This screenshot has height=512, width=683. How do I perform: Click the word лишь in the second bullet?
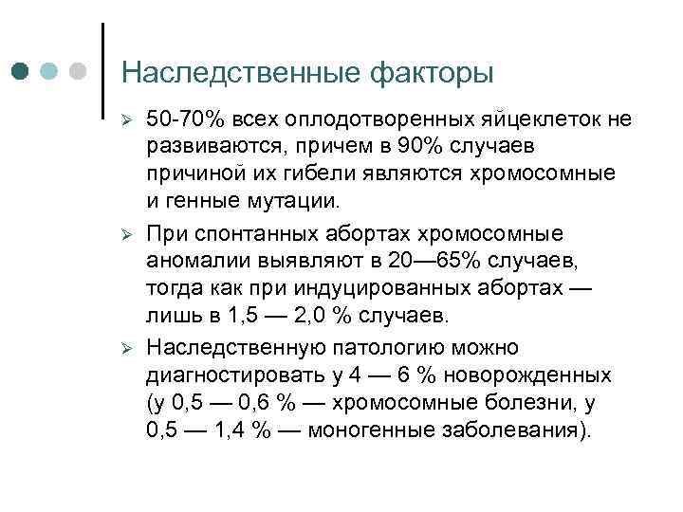click(x=172, y=313)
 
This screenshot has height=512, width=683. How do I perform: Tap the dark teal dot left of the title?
click(x=22, y=72)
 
